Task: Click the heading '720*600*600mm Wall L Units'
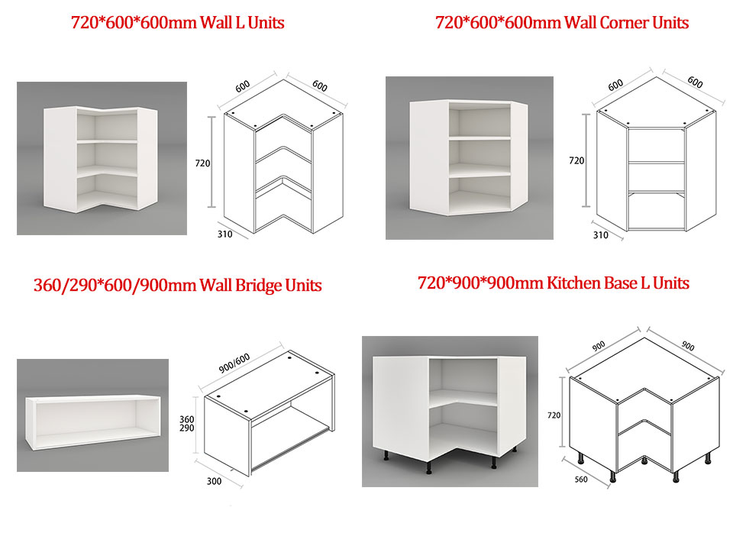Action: pos(178,22)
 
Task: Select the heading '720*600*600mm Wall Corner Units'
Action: pos(562,22)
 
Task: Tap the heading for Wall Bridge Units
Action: pos(178,285)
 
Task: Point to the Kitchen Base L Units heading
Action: pos(554,283)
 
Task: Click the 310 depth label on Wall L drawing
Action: pos(224,234)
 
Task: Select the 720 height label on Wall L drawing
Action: pos(202,163)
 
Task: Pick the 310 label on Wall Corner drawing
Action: pos(601,235)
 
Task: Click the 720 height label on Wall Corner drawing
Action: pos(576,161)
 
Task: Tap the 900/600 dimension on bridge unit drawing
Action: pos(234,363)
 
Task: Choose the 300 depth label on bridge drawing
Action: pos(214,481)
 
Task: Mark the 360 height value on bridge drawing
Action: pos(187,419)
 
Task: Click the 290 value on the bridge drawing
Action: pos(187,428)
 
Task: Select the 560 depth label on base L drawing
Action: pos(581,480)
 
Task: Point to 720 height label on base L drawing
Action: pos(554,415)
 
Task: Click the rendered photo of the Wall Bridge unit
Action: pos(92,415)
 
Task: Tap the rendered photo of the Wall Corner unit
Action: pos(470,158)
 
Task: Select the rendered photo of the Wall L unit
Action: pos(102,159)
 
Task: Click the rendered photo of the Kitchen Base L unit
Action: pos(450,412)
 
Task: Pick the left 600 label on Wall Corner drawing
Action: pos(615,85)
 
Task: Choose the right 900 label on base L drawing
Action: pos(688,345)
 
